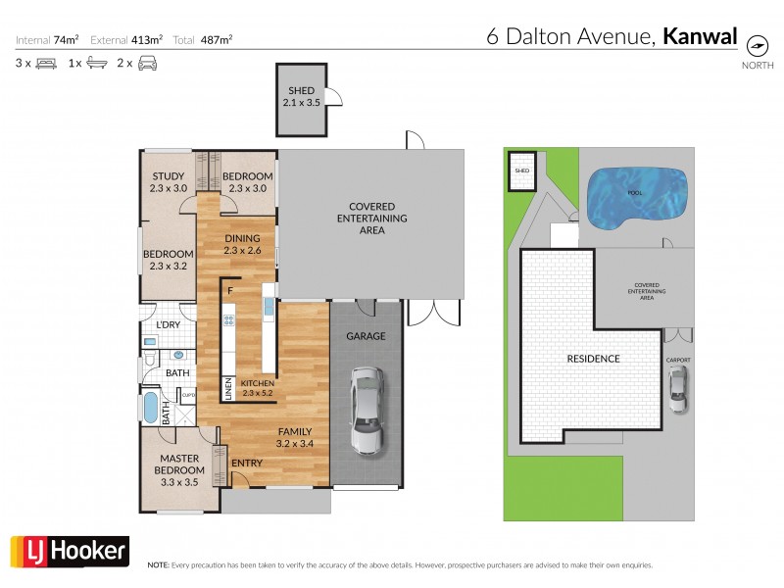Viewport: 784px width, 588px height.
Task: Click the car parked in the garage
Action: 365,412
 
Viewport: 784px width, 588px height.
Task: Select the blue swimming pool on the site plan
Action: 633,200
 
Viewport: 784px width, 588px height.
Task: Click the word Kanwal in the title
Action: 700,38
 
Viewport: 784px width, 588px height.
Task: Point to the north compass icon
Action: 757,46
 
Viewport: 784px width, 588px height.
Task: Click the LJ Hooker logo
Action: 69,551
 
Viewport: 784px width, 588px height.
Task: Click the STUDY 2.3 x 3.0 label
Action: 169,182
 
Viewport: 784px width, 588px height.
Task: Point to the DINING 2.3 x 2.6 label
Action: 242,244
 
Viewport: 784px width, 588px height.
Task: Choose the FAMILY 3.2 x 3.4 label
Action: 294,437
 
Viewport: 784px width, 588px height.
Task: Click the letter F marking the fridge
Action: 230,291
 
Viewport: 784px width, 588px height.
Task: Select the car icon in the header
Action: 147,64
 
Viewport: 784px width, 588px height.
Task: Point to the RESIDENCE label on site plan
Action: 593,359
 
